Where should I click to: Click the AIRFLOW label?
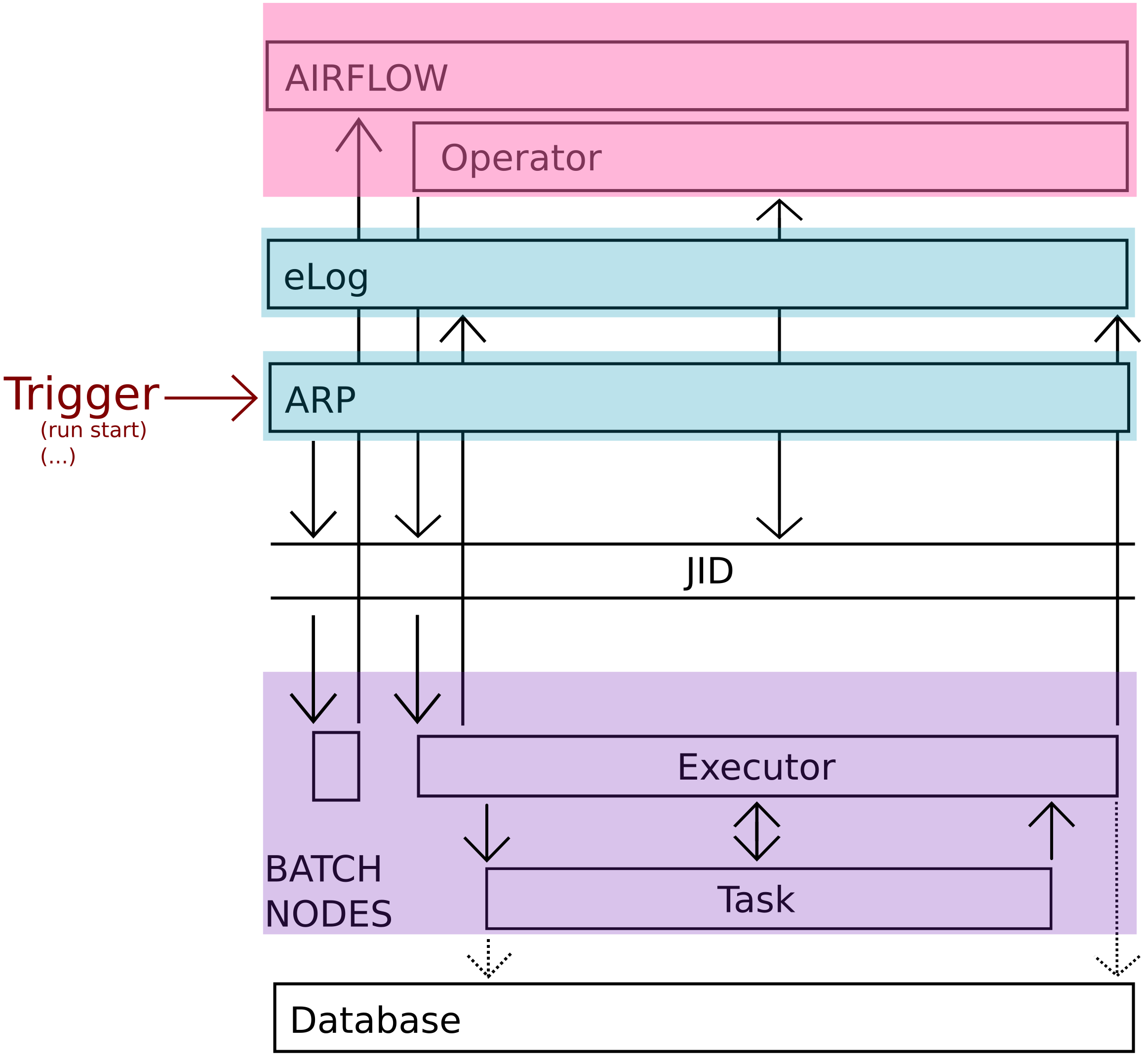click(x=366, y=78)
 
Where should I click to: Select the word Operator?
click(x=520, y=158)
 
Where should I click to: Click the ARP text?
click(x=320, y=400)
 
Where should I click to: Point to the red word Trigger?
click(x=81, y=394)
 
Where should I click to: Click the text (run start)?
click(x=93, y=430)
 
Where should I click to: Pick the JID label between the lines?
click(x=709, y=571)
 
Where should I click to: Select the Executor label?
click(x=755, y=768)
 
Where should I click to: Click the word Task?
click(x=755, y=900)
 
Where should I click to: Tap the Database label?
click(x=375, y=1021)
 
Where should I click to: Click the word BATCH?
click(x=323, y=869)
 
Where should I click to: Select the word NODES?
click(x=328, y=914)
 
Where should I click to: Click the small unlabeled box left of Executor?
click(x=336, y=766)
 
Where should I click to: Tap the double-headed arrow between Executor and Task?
click(x=757, y=832)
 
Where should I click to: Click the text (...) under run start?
click(x=58, y=457)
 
